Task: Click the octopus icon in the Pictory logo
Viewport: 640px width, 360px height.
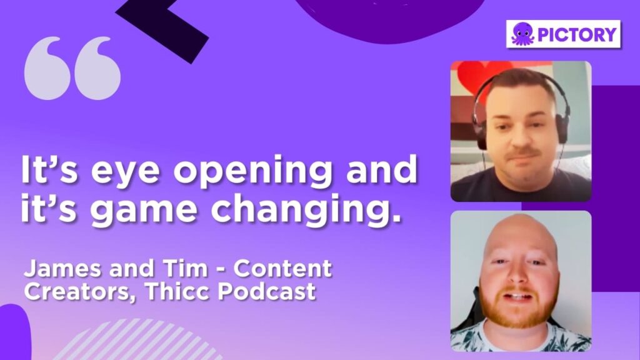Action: [522, 34]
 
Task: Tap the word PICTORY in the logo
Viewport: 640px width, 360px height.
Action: [577, 34]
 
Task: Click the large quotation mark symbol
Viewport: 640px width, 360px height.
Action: [72, 68]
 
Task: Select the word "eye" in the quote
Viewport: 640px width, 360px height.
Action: [125, 171]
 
